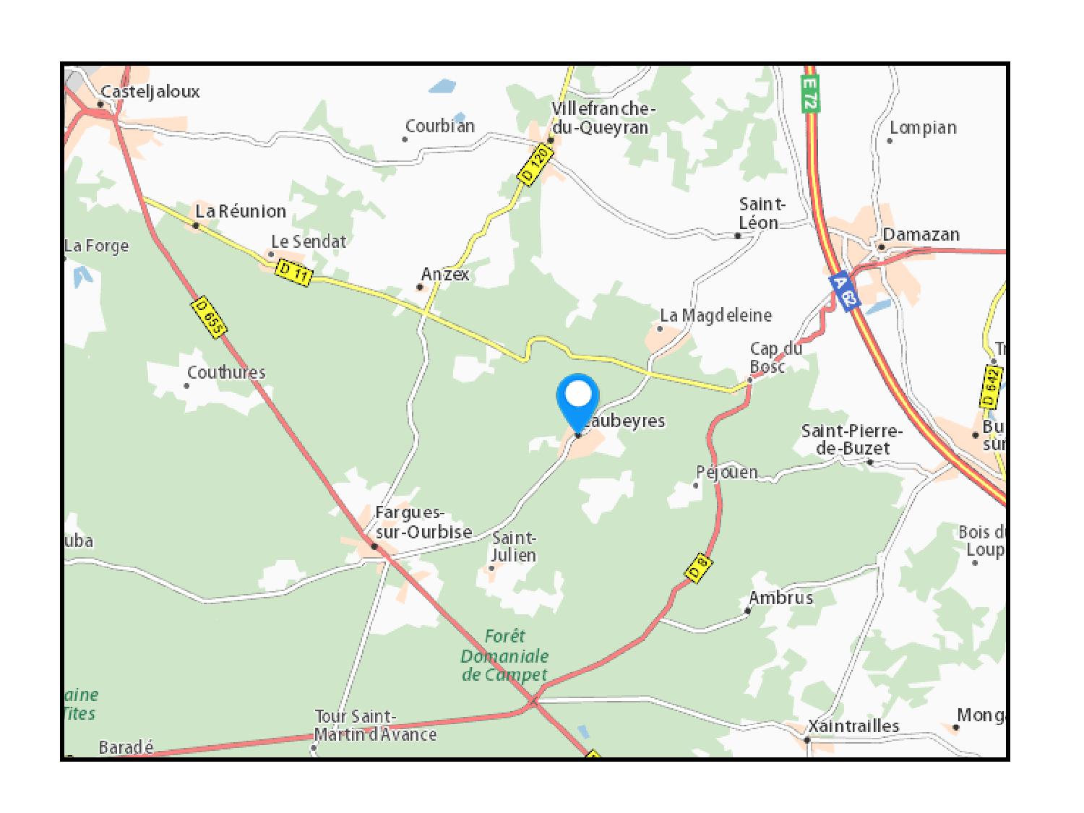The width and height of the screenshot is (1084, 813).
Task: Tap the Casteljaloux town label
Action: click(x=150, y=92)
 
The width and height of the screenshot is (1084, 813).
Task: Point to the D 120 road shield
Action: click(x=535, y=165)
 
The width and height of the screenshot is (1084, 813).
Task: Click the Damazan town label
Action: click(x=921, y=235)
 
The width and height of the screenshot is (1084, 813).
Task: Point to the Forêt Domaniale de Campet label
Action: click(x=505, y=655)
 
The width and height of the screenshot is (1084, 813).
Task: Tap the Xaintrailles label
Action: click(x=853, y=726)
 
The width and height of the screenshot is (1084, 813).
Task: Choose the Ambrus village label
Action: click(x=780, y=598)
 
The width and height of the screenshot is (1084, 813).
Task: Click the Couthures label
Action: click(x=226, y=373)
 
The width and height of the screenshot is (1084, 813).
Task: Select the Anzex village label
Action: click(x=445, y=275)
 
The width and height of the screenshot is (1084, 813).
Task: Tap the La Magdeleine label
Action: click(x=716, y=316)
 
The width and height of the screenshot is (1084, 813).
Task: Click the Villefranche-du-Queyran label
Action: click(x=603, y=118)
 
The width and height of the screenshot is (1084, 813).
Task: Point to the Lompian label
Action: click(x=923, y=128)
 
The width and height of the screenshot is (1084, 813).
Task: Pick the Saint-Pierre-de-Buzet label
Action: click(x=852, y=439)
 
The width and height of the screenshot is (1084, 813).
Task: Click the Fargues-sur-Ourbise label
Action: click(x=423, y=522)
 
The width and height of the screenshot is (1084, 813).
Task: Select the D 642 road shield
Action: click(x=992, y=387)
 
